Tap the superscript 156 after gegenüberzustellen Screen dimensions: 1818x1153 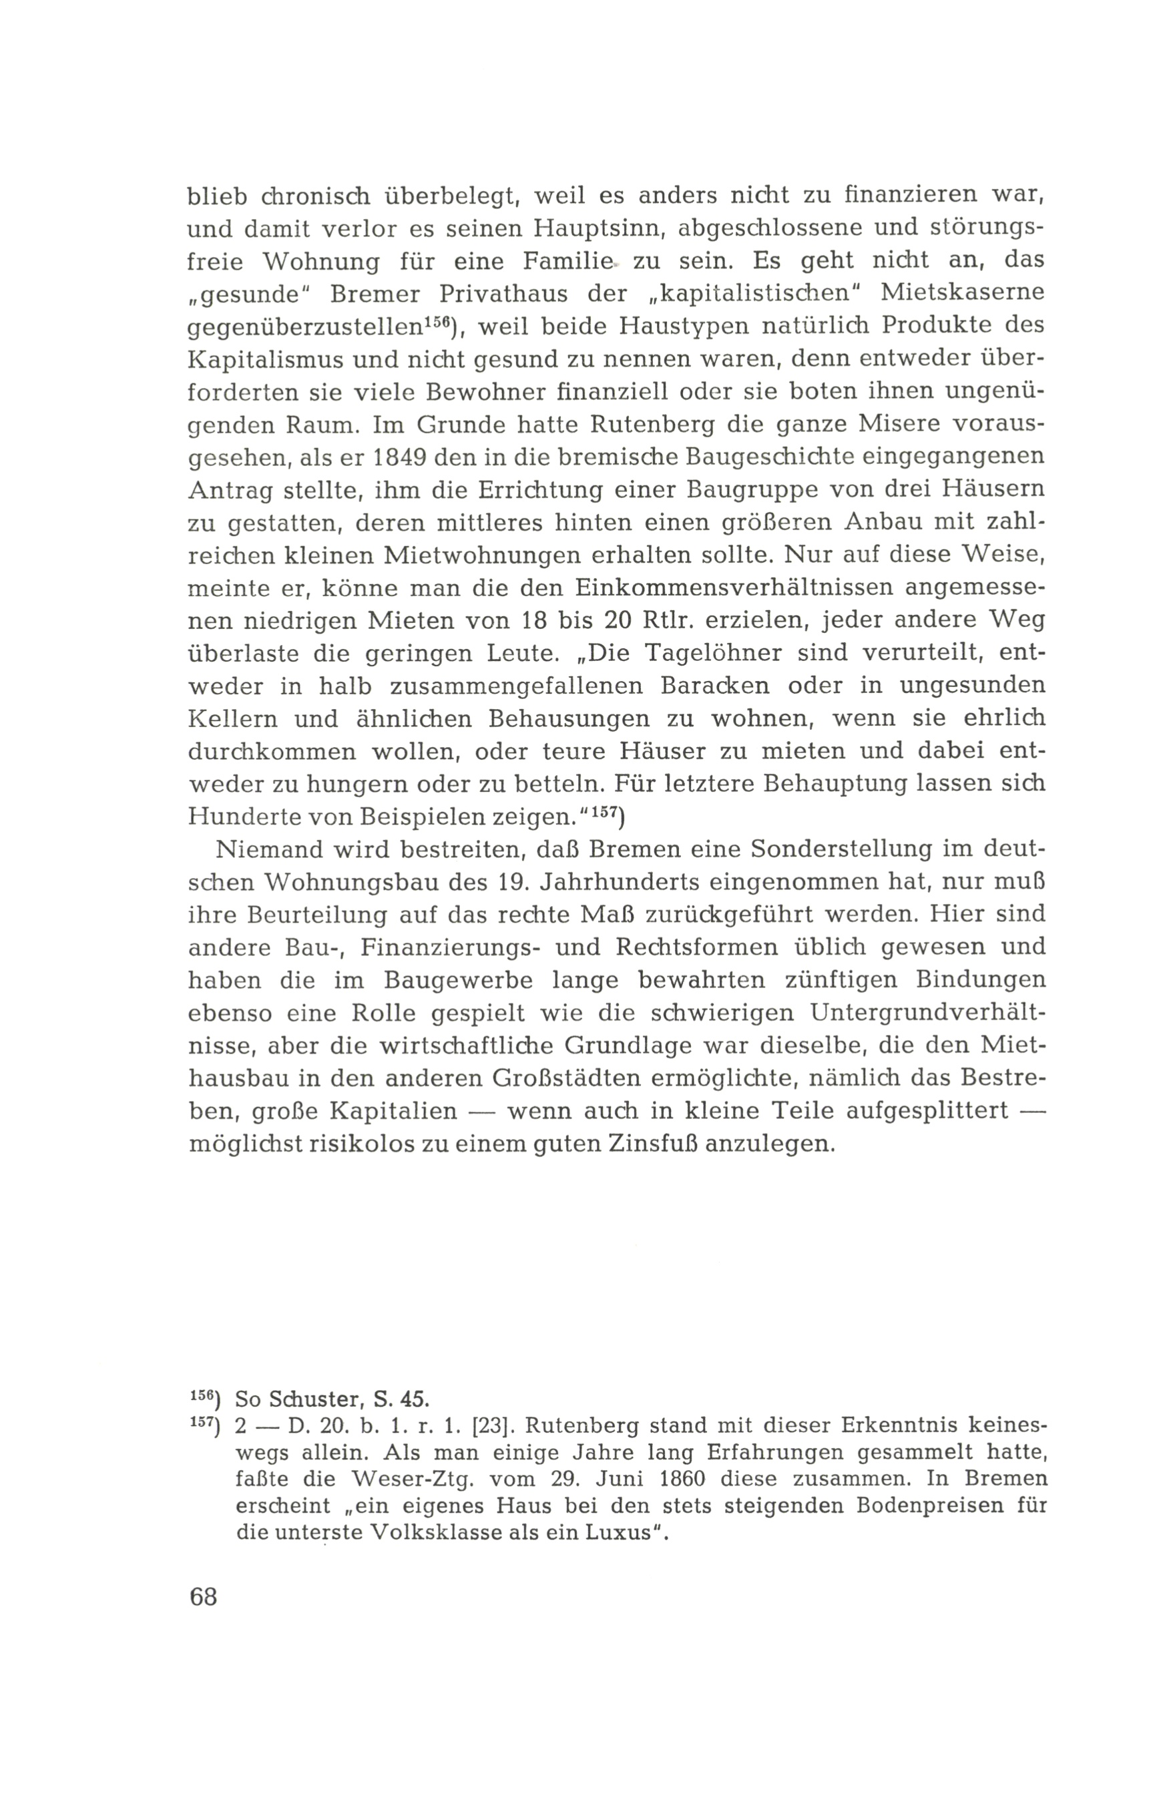(x=437, y=321)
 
